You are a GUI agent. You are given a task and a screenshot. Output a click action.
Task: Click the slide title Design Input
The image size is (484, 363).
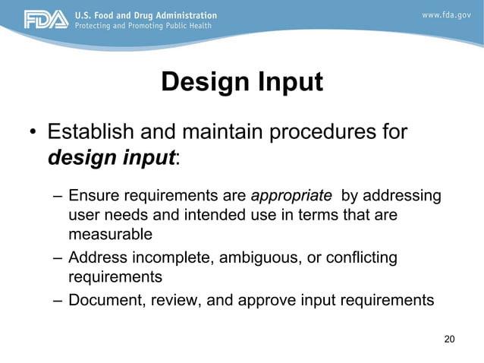pyautogui.click(x=242, y=82)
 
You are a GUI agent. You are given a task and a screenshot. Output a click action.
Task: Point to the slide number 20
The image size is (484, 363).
pyautogui.click(x=449, y=339)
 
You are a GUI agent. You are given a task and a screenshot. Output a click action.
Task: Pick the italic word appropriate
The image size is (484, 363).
pyautogui.click(x=291, y=196)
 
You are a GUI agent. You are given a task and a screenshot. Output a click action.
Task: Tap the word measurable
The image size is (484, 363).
pyautogui.click(x=110, y=233)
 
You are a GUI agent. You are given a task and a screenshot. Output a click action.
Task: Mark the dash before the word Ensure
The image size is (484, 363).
pyautogui.click(x=58, y=197)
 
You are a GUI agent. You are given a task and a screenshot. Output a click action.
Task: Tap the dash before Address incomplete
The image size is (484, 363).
pyautogui.click(x=58, y=259)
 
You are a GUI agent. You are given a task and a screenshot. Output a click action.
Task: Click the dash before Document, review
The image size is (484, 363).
pyautogui.click(x=58, y=300)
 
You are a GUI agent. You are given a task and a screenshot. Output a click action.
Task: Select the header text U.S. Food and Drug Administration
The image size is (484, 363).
pyautogui.click(x=145, y=14)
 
